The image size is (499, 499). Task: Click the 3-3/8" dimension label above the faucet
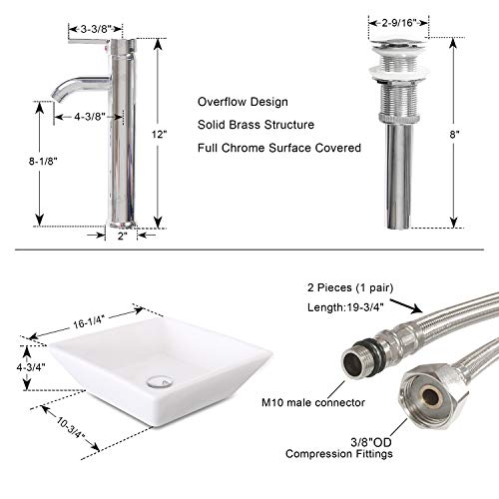click(96, 29)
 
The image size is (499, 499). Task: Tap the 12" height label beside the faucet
click(160, 135)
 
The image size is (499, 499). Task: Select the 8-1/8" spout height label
click(43, 162)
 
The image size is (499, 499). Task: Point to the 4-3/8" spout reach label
click(90, 117)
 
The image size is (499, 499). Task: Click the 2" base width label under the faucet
click(123, 236)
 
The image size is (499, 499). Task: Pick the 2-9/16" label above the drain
click(399, 23)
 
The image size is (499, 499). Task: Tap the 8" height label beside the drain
click(454, 135)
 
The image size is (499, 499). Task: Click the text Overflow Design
click(243, 102)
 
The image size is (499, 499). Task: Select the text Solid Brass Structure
click(255, 125)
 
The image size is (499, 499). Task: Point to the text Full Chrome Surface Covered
click(279, 148)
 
